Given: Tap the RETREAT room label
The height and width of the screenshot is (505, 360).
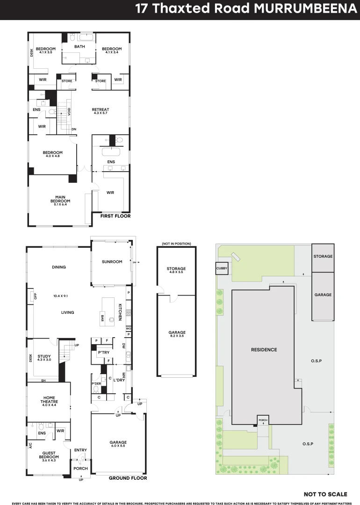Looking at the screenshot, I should click(101, 108).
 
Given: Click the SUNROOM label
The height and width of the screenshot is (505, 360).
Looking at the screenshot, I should click(112, 262).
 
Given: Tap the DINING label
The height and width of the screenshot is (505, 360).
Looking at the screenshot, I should click(59, 267).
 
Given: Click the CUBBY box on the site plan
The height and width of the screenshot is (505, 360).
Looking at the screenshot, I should click(221, 268).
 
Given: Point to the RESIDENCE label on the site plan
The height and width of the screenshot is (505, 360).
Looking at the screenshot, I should click(264, 350).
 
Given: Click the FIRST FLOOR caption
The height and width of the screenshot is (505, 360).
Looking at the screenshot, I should click(115, 216).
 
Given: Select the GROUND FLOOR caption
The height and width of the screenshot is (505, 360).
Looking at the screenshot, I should click(128, 478).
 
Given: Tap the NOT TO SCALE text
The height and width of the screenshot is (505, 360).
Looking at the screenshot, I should click(325, 494).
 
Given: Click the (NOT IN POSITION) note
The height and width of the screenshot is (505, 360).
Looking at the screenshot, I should click(176, 244).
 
